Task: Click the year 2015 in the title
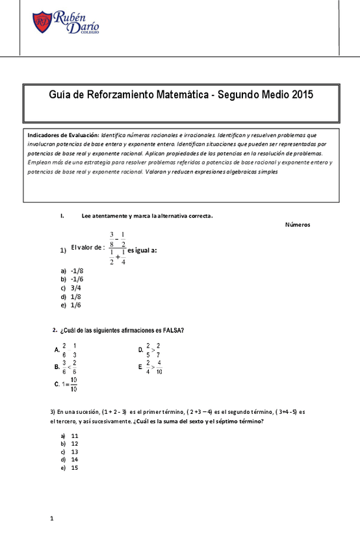302,94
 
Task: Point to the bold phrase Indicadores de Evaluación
63,135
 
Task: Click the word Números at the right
297,225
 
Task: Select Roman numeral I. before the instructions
61,216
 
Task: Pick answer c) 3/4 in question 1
71,287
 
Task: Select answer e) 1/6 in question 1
71,304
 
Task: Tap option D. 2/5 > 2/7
149,350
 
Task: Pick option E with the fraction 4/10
150,367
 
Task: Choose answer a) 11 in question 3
70,435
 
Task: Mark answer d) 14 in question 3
70,459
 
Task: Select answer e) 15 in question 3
70,467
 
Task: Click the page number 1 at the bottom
52,519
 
